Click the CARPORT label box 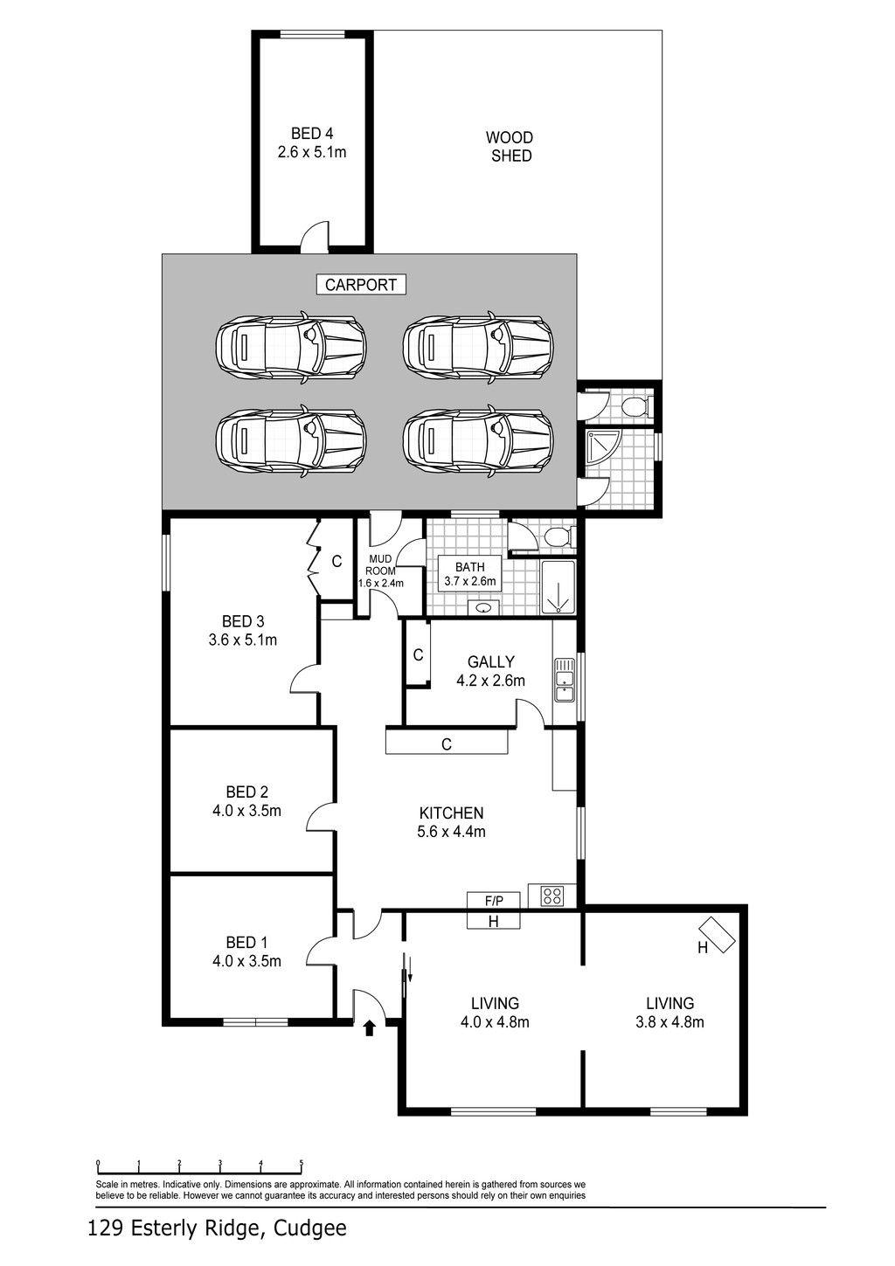(361, 284)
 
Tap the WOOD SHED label (510, 147)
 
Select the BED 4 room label (311, 134)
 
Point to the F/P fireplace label (494, 900)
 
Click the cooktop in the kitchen (552, 896)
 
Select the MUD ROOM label (380, 565)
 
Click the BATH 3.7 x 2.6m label (470, 574)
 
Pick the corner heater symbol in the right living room (717, 934)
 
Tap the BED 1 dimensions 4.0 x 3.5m (246, 961)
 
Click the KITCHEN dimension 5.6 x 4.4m (452, 832)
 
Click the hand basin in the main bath (482, 608)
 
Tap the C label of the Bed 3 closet (337, 562)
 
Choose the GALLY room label (490, 661)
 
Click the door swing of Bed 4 (315, 233)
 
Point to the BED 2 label (246, 792)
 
